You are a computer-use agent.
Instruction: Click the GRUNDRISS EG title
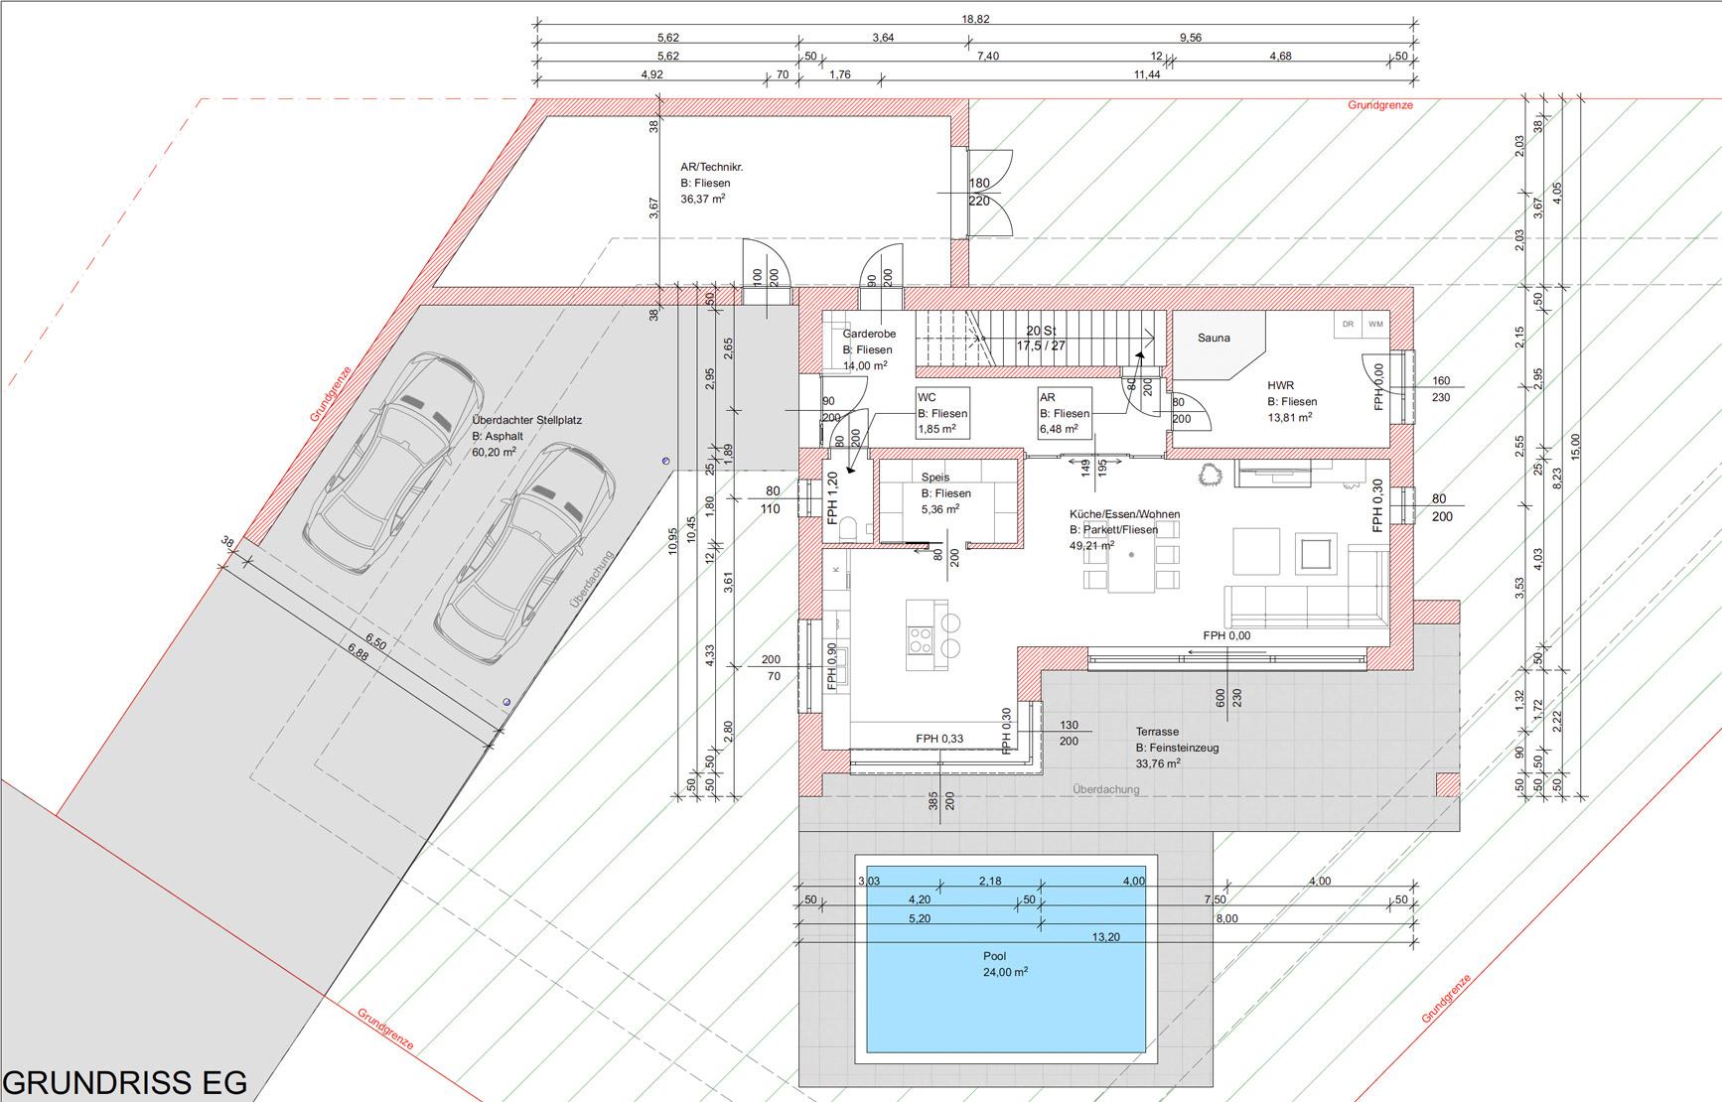pos(125,1082)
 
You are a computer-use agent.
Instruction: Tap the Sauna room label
pos(1214,338)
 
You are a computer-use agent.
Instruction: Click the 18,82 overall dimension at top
pos(976,19)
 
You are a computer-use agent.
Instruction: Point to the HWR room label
pos(1280,385)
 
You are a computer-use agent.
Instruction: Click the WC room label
pos(927,397)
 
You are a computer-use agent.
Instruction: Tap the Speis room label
pos(935,478)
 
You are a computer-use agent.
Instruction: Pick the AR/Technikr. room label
pos(711,167)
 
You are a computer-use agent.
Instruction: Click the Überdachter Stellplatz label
pos(527,420)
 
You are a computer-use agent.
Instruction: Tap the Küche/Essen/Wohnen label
pos(1124,514)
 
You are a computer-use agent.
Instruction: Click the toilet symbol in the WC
pos(849,528)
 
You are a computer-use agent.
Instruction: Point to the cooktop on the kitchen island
pos(920,642)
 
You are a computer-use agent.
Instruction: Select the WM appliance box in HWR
pos(1375,325)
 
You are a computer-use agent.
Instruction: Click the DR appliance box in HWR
pos(1348,325)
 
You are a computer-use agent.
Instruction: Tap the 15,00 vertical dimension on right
pos(1576,447)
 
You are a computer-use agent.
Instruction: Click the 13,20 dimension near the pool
pos(1106,937)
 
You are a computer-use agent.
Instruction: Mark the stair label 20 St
pos(1040,331)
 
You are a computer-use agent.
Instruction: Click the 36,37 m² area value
pos(703,199)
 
